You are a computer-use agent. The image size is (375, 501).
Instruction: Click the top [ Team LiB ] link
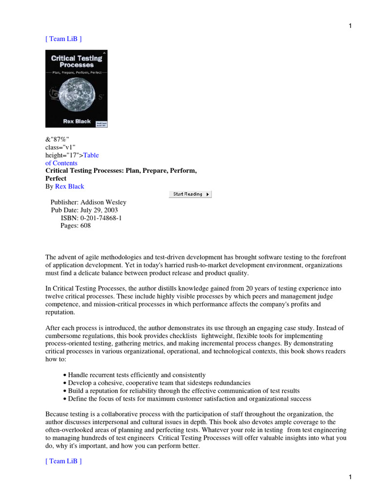[x=63, y=39]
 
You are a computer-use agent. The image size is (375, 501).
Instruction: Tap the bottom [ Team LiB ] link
[x=63, y=461]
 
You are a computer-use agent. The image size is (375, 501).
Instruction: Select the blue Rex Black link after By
[x=69, y=186]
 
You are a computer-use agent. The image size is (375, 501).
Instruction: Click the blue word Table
[x=91, y=155]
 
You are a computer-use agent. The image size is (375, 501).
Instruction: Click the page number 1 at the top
[x=350, y=26]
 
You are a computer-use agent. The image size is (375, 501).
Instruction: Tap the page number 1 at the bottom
[x=350, y=477]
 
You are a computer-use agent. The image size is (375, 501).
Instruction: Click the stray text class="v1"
[x=61, y=147]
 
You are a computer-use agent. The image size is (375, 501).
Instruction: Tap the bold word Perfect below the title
[x=56, y=179]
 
